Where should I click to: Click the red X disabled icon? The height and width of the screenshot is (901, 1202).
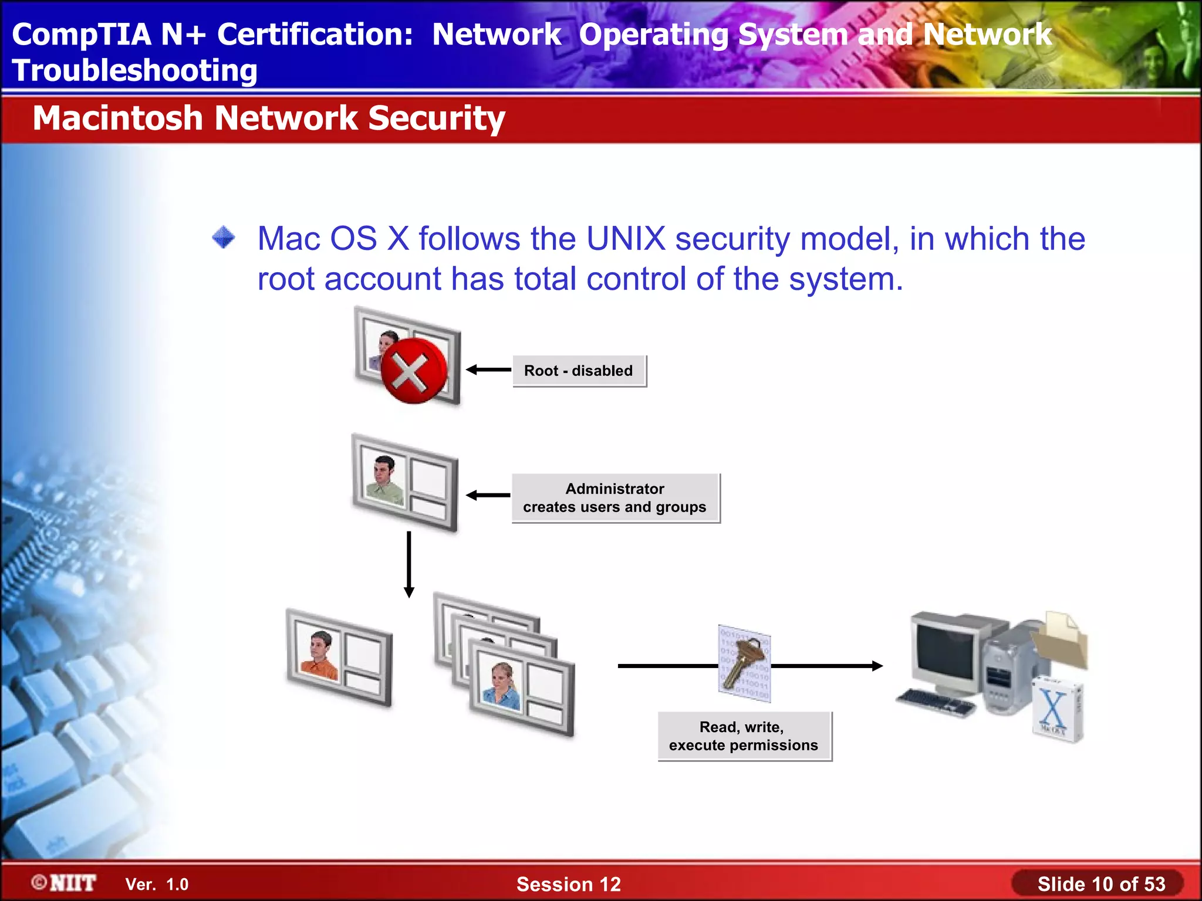point(414,371)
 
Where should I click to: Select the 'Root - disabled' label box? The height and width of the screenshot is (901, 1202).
point(579,371)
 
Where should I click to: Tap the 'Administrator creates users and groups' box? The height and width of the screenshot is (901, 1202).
point(615,498)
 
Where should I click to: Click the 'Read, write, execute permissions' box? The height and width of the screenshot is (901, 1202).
point(744,736)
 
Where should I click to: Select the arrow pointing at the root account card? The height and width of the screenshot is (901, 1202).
point(488,370)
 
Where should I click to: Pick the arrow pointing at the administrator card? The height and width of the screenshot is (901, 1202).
point(488,496)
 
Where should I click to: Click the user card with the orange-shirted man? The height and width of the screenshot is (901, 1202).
point(339,657)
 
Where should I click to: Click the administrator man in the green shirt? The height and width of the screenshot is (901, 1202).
point(384,479)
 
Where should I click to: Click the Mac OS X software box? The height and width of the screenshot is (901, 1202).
point(1056,710)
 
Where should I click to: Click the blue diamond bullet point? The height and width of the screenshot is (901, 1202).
point(224,238)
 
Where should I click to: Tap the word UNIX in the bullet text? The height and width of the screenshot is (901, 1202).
point(626,239)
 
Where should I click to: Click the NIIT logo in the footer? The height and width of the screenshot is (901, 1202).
point(65,883)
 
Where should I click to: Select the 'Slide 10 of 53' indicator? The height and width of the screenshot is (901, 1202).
point(1100,884)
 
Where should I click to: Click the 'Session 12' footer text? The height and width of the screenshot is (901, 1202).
point(568,884)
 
